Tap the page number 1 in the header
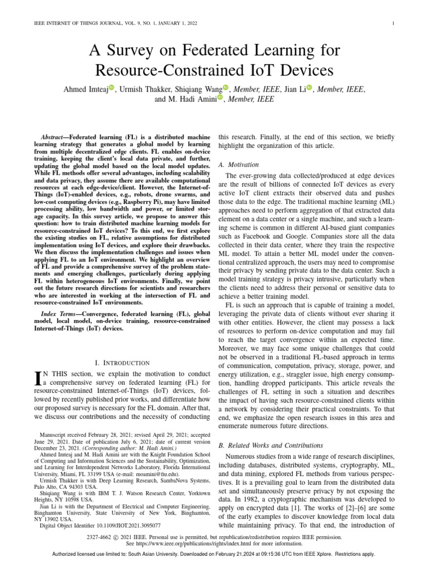(x=394, y=23)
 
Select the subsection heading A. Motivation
(x=239, y=165)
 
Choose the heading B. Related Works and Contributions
(x=270, y=445)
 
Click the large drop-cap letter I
(x=38, y=379)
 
